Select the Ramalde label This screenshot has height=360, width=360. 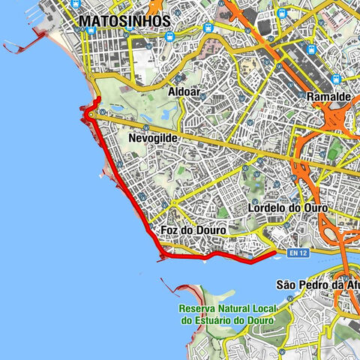[330, 97]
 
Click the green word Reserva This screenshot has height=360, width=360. [198, 309]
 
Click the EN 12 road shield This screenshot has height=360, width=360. [297, 253]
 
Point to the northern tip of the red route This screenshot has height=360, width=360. [95, 100]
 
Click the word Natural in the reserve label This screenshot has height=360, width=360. [238, 309]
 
